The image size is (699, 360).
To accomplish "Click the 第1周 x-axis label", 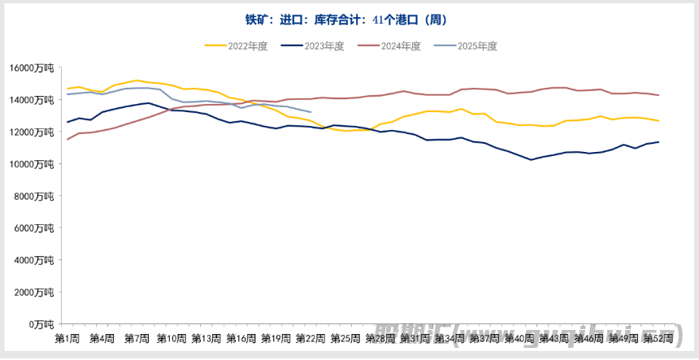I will pos(67,338).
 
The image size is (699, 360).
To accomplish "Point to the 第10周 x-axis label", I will pos(171,338).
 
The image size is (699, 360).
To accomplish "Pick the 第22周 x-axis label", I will pos(310,338).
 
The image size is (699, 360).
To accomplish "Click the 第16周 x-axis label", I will pos(241,338).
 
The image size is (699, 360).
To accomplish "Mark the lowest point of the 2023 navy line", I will pos(531,159).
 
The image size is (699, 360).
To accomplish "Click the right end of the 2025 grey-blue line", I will pos(311,112).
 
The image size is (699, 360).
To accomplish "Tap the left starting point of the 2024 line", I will pos(67,139).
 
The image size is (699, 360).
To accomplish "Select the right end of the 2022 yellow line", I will pos(658,121).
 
